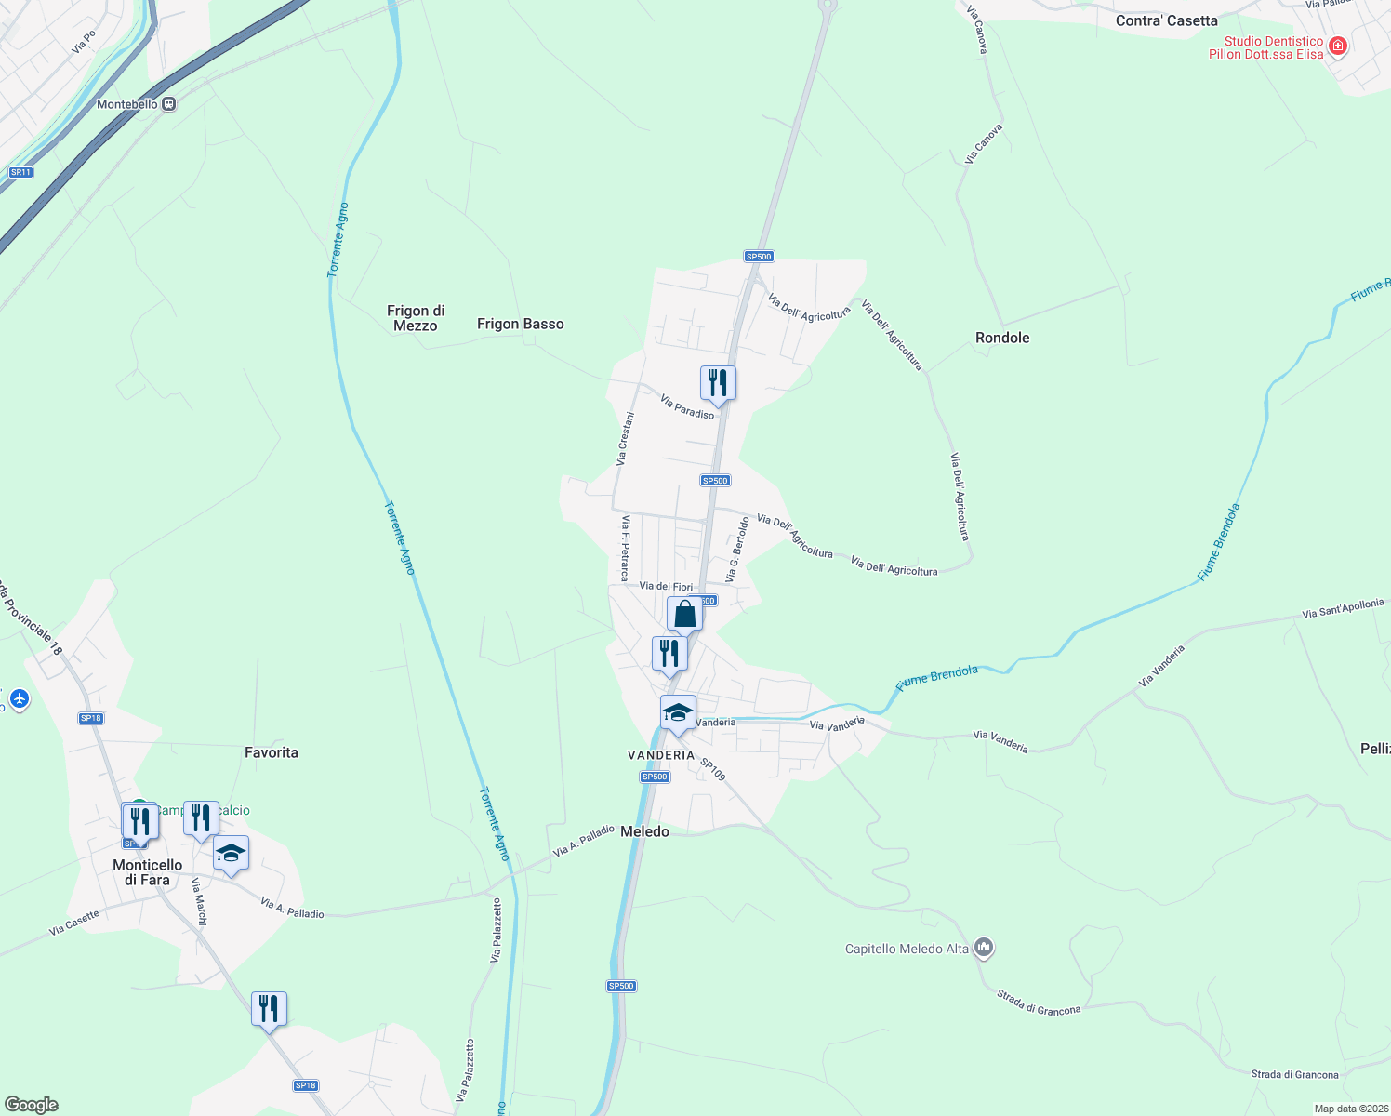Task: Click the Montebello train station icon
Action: point(168,104)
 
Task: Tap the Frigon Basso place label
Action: point(520,324)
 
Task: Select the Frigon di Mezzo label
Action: point(416,318)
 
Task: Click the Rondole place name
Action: point(1001,338)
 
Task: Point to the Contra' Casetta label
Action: point(1166,20)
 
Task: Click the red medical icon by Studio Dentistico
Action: point(1338,46)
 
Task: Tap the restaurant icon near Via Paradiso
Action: point(718,383)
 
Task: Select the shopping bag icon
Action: point(684,615)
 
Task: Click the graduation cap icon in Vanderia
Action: point(678,713)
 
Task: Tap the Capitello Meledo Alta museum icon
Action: point(984,949)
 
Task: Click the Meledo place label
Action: point(644,831)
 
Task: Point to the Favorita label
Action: point(271,752)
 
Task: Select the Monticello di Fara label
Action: point(148,872)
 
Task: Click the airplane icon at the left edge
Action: point(19,697)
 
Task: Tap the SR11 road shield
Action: point(20,172)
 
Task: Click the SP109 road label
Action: point(712,770)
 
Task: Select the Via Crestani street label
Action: point(626,439)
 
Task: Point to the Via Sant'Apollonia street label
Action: point(1343,609)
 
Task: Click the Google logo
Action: point(32,1105)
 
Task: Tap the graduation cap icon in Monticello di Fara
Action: point(231,853)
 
